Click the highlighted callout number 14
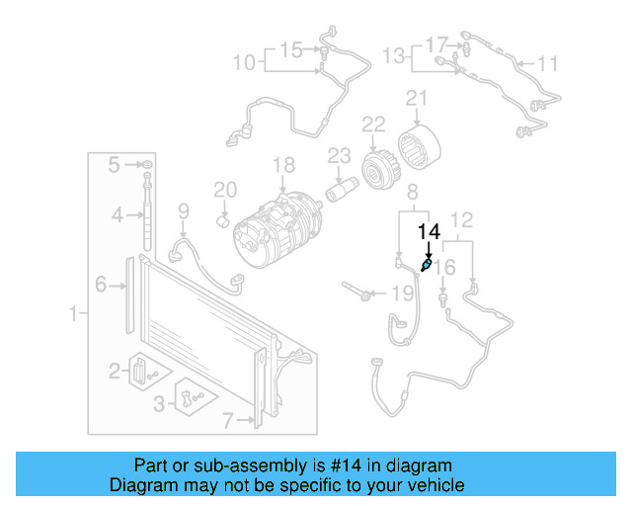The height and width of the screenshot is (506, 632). [429, 232]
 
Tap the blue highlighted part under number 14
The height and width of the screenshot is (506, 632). [426, 265]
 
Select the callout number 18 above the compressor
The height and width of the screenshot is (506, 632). [284, 165]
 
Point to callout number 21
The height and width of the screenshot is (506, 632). [416, 99]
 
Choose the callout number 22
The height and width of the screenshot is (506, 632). [372, 125]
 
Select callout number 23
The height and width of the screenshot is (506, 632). [339, 155]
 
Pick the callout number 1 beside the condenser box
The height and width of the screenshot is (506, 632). [72, 314]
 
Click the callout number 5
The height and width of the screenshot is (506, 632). [115, 163]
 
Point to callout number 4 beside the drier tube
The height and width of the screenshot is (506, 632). [116, 214]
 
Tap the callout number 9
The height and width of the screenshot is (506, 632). [183, 210]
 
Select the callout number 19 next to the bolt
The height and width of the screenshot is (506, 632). [402, 294]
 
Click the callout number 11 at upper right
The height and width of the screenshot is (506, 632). [547, 64]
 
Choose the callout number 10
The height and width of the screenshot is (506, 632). [243, 63]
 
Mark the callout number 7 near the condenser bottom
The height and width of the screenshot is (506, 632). [228, 421]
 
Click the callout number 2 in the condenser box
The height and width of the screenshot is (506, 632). [115, 371]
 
